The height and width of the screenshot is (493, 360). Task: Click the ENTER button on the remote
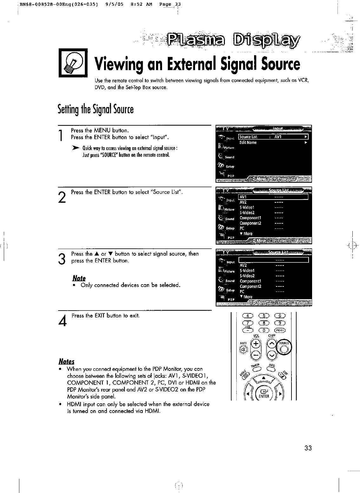tap(264, 394)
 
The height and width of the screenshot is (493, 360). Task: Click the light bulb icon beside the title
tap(73, 62)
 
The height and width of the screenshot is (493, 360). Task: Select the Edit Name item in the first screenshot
tap(248, 143)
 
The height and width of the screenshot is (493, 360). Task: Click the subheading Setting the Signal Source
tap(95, 109)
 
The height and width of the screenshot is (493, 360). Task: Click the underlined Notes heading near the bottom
tap(66, 362)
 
